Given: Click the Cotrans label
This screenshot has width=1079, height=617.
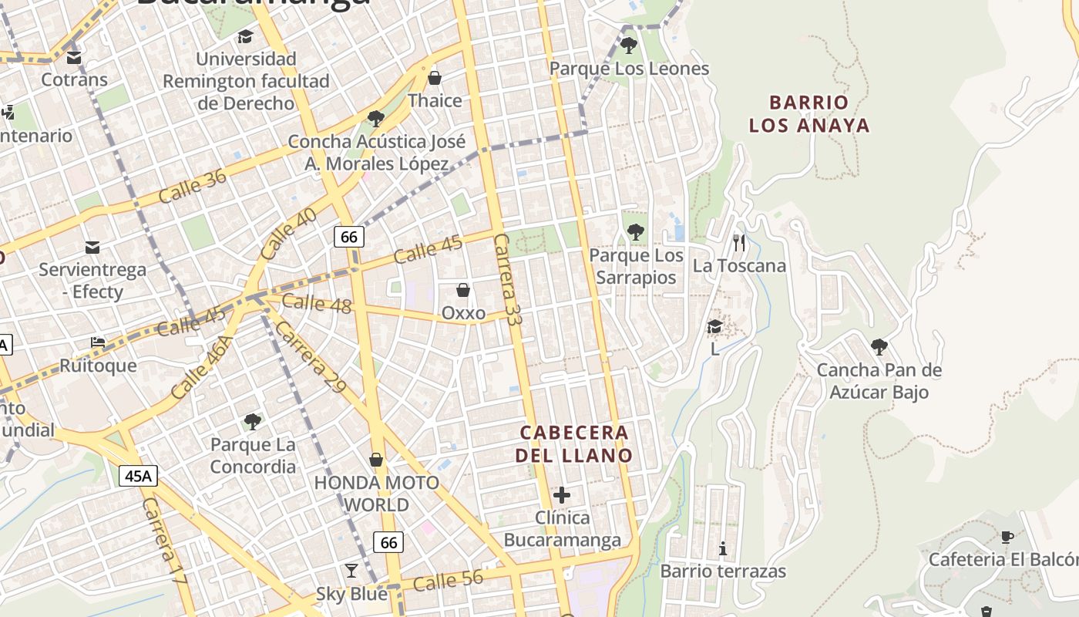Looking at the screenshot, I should click(74, 79).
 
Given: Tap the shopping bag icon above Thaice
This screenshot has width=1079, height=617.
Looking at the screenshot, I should click(435, 78).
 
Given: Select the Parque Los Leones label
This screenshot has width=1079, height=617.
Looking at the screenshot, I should click(629, 69).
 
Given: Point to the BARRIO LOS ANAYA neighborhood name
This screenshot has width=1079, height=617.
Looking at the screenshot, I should click(809, 113).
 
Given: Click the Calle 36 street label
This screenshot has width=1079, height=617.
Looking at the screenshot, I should click(193, 186).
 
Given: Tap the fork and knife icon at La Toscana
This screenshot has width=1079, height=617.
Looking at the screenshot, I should click(739, 243).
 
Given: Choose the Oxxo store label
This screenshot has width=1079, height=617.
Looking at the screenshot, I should click(463, 313).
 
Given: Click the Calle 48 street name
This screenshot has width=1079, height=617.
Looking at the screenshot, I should click(316, 303).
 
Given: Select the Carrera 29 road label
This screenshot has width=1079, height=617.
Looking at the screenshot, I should click(310, 356).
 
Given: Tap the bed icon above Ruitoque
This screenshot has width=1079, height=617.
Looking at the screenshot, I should click(98, 342).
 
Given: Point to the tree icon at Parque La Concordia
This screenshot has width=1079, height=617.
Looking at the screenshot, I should click(252, 421).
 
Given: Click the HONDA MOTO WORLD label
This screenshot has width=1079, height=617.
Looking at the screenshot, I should click(376, 494).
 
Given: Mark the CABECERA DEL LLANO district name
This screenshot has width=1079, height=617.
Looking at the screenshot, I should click(573, 443).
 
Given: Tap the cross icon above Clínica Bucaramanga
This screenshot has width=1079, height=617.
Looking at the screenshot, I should click(562, 495).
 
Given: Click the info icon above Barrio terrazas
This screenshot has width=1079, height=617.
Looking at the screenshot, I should click(723, 548).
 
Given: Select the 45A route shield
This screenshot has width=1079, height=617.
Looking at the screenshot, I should click(138, 476).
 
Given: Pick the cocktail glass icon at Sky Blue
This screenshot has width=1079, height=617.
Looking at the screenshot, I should click(351, 571).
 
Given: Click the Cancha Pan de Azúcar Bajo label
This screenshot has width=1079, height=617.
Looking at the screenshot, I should click(879, 381).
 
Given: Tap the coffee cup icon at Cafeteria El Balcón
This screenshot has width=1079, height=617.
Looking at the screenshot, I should click(1007, 537).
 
